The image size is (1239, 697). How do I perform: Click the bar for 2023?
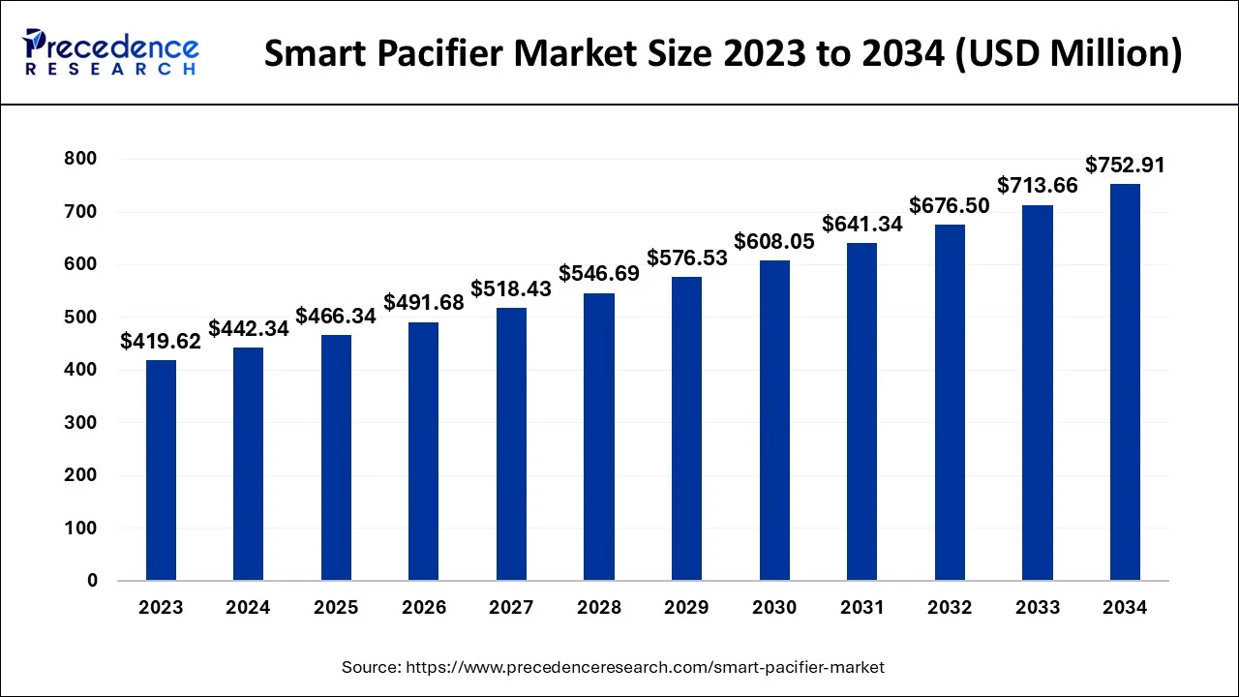point(161,470)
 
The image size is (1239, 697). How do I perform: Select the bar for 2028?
point(598,437)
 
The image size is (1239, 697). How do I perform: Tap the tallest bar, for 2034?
point(1125,382)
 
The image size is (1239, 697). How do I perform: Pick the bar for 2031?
point(861,411)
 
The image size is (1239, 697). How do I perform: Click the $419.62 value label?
point(161,341)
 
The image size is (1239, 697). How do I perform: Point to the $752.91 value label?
point(1125,166)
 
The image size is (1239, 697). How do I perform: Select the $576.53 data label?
point(687,258)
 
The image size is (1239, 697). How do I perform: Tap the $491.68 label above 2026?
point(424,303)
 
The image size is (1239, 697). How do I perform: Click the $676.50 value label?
point(950,205)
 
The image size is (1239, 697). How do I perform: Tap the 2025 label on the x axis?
point(336,608)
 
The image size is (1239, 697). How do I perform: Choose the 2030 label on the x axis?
point(774,608)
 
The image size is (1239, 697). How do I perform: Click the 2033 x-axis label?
point(1037,608)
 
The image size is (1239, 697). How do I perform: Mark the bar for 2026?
point(424,451)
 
